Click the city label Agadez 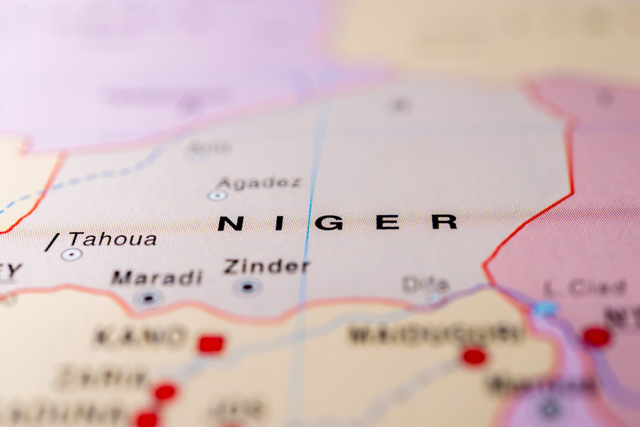pyautogui.click(x=259, y=182)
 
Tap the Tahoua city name pyautogui.click(x=113, y=239)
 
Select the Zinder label pyautogui.click(x=266, y=267)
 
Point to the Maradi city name pyautogui.click(x=157, y=278)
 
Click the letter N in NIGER pyautogui.click(x=230, y=223)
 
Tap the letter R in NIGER pyautogui.click(x=444, y=221)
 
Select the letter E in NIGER pyautogui.click(x=388, y=222)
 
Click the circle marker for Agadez pyautogui.click(x=217, y=196)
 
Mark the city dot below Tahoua pyautogui.click(x=71, y=254)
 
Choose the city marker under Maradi pyautogui.click(x=148, y=298)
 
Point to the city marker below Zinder pyautogui.click(x=247, y=287)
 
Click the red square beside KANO pyautogui.click(x=211, y=344)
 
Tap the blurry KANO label pyautogui.click(x=139, y=336)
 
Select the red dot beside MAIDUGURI pyautogui.click(x=474, y=356)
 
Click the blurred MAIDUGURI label pyautogui.click(x=435, y=334)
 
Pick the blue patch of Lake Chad pyautogui.click(x=545, y=308)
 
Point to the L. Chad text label pyautogui.click(x=584, y=289)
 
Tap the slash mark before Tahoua pyautogui.click(x=52, y=243)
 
